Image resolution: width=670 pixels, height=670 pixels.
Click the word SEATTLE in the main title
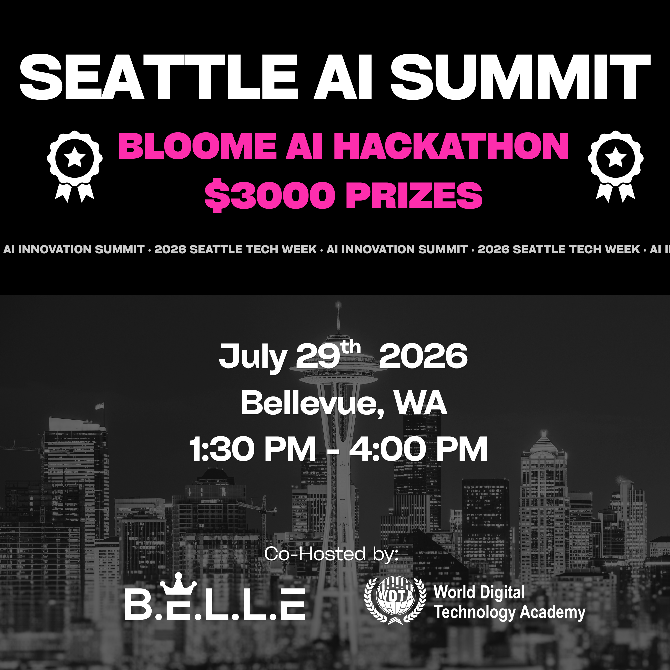point(158,77)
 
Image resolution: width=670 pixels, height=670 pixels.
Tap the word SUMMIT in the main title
point(520,77)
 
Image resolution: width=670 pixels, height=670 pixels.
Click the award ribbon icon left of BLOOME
point(75,166)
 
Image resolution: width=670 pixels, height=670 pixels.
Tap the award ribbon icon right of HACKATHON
point(615,166)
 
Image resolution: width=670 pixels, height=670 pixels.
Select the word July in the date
point(253,357)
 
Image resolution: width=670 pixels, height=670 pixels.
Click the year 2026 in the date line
point(423,356)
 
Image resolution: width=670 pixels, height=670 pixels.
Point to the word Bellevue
point(313,403)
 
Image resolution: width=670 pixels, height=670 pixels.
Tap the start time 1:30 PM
point(253,449)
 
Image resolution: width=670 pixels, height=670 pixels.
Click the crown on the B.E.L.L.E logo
point(178,583)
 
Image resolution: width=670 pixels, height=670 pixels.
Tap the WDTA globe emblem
point(395,600)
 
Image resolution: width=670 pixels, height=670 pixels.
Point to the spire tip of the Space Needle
point(338,303)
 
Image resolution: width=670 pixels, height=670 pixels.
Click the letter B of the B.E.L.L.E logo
point(138,605)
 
